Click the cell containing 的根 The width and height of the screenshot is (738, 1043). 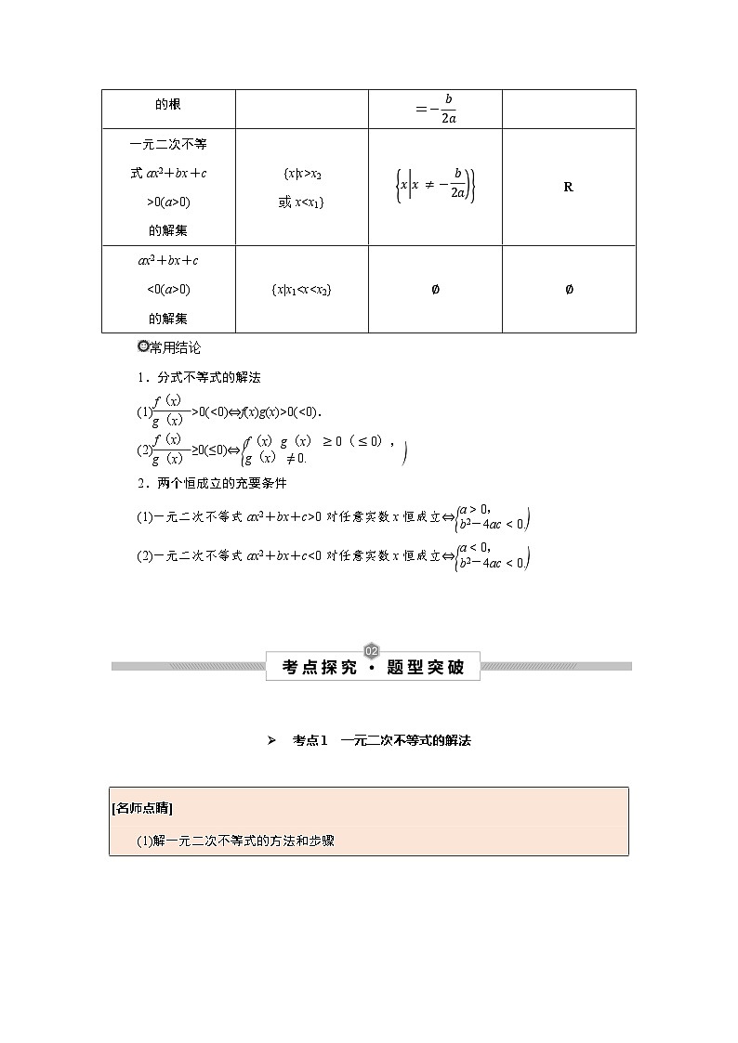(168, 105)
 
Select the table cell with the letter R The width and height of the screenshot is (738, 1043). (568, 187)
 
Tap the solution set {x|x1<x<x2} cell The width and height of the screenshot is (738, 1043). (301, 290)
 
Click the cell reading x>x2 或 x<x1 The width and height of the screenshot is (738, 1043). (301, 188)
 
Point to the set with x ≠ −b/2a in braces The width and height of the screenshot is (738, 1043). (435, 186)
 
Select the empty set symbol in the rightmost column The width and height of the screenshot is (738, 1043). (569, 290)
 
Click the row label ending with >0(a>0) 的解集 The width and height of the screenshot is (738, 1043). (168, 187)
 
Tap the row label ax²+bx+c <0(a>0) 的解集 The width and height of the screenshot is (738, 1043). (168, 289)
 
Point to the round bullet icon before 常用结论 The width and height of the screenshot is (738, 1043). (142, 347)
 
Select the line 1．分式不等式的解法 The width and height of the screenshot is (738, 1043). (198, 377)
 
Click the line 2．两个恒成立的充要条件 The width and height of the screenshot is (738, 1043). (211, 483)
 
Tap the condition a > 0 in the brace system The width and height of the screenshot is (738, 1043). (475, 509)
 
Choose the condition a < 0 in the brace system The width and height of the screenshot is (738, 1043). (475, 548)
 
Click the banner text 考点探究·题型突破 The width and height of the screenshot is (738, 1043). (373, 666)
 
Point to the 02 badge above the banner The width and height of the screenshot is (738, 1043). (372, 649)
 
